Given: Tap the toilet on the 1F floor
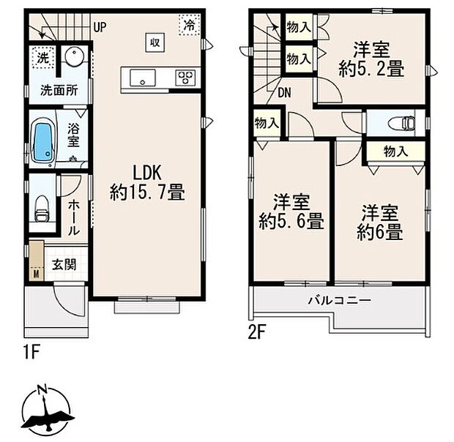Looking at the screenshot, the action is pyautogui.click(x=42, y=209).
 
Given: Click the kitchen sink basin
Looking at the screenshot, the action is pyautogui.click(x=143, y=78).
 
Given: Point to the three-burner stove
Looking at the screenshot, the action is pyautogui.click(x=185, y=78).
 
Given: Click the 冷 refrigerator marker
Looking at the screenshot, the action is pyautogui.click(x=190, y=25).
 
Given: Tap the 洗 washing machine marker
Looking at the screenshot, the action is pyautogui.click(x=43, y=58).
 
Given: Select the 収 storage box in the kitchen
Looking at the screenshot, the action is pyautogui.click(x=155, y=42).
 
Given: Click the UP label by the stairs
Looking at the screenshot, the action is pyautogui.click(x=100, y=28).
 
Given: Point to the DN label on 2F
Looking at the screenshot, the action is pyautogui.click(x=284, y=93).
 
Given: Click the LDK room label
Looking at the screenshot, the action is pyautogui.click(x=146, y=173).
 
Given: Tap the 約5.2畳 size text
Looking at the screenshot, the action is pyautogui.click(x=371, y=70).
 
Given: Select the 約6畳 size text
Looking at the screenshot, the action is pyautogui.click(x=379, y=233).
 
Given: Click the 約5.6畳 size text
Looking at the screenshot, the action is pyautogui.click(x=291, y=221).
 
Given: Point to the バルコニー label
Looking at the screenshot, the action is pyautogui.click(x=339, y=301).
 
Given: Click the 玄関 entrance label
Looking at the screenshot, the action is pyautogui.click(x=64, y=264).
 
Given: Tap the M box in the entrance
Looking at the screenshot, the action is pyautogui.click(x=36, y=274).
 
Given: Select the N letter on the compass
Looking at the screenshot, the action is pyautogui.click(x=43, y=389).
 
